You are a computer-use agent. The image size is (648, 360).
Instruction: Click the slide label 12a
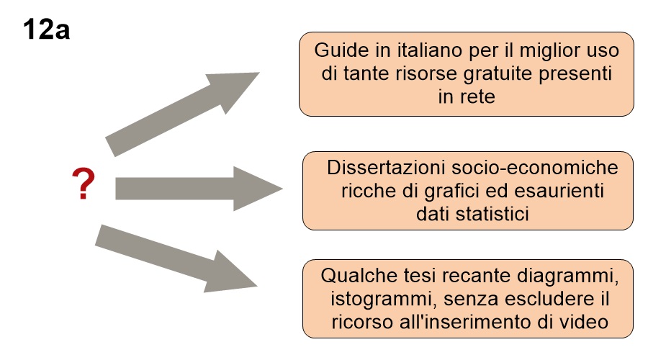[x=46, y=30]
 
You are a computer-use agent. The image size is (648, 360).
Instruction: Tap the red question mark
[x=83, y=184]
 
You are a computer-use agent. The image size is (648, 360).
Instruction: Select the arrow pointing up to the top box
[x=182, y=114]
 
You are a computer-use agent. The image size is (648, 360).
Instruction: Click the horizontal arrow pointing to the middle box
[x=199, y=189]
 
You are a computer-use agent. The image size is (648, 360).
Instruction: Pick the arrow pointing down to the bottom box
[x=176, y=258]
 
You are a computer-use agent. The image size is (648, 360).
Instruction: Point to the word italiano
[x=429, y=50]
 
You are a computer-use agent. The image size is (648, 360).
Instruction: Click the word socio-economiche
[x=535, y=168]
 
